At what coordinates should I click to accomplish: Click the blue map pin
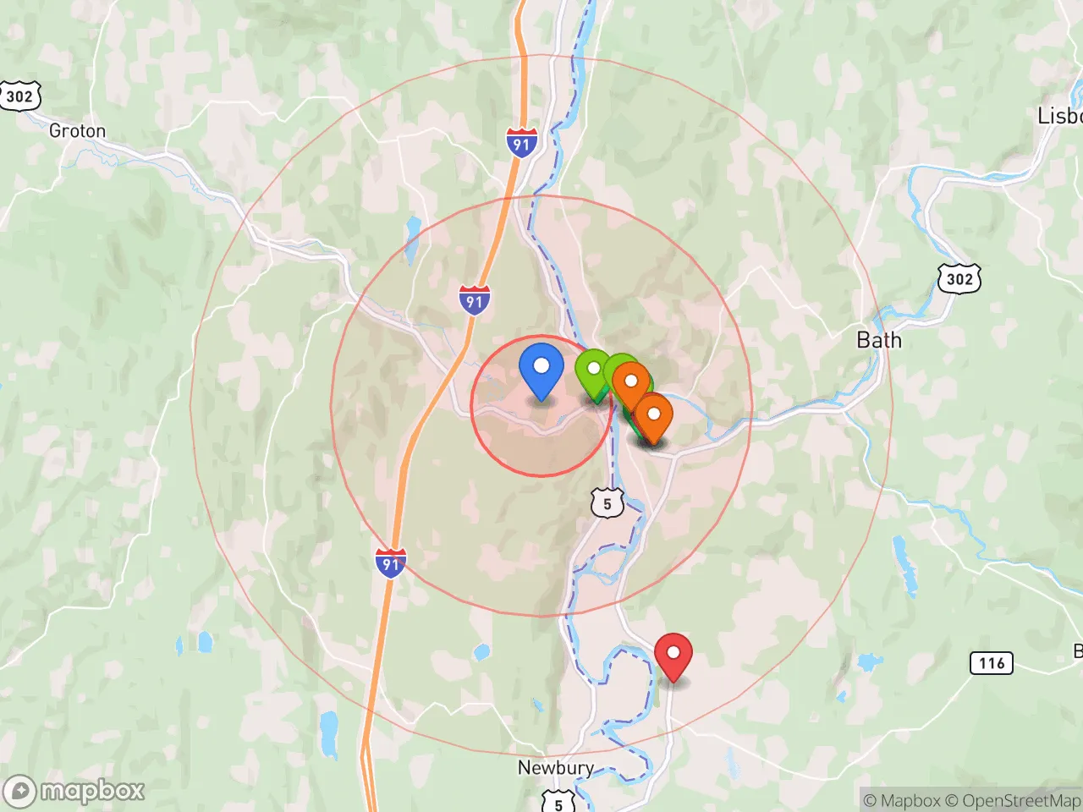[541, 369]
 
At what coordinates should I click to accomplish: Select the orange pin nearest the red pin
[652, 416]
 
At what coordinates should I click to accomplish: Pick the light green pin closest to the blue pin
[594, 370]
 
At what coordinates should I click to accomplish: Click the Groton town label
[77, 130]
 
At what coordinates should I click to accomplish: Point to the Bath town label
[879, 340]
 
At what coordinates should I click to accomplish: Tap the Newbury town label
[556, 767]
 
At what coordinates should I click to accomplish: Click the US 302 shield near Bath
[959, 278]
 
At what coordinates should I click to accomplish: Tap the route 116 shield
[992, 662]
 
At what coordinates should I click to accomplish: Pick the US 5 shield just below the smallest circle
[607, 504]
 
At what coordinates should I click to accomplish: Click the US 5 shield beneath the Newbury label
[558, 802]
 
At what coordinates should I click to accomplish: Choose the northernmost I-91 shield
[521, 143]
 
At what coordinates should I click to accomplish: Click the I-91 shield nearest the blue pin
[475, 300]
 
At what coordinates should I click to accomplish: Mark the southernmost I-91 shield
[390, 563]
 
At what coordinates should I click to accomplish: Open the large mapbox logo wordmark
[74, 791]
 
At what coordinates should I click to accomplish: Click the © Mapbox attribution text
[902, 800]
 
